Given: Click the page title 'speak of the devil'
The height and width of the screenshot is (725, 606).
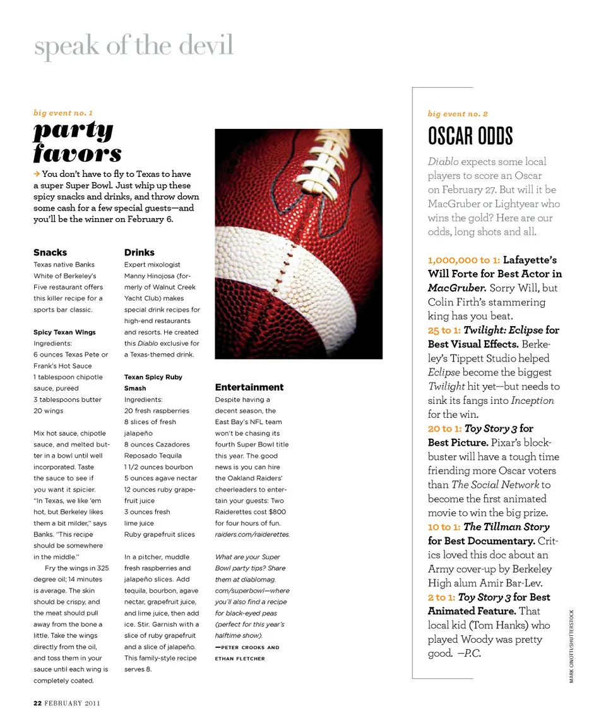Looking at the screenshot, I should coord(134,46).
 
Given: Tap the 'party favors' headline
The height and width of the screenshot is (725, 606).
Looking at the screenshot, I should coord(77,142).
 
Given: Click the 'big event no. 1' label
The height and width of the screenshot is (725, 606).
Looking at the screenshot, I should coord(63,113).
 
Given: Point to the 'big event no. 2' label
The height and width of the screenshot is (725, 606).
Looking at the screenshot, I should coord(458,114).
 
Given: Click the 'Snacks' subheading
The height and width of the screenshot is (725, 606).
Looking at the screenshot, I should coord(50,252).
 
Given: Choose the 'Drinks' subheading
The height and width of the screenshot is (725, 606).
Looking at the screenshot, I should coord(139,252).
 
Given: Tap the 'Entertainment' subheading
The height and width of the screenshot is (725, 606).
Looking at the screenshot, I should coord(249,387).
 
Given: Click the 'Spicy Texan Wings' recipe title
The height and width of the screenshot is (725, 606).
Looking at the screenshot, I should coord(64,332).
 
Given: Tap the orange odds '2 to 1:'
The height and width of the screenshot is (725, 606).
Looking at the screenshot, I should coord(441,597).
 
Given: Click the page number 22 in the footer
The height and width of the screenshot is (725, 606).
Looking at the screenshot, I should coord(37,702).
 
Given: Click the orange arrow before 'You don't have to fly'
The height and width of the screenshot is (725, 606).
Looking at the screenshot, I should coord(37,174).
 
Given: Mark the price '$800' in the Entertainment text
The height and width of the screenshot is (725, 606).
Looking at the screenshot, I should coord(276,512).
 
